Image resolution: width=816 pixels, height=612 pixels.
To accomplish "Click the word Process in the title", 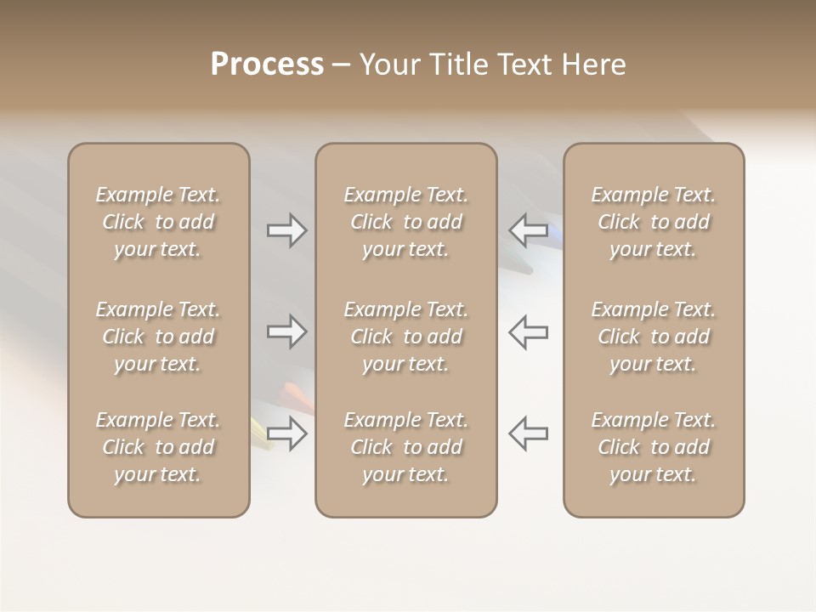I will (x=267, y=65).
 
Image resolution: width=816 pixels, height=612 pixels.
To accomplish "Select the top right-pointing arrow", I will (x=287, y=230).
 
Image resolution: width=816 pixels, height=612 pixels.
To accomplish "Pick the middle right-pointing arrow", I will (x=287, y=331).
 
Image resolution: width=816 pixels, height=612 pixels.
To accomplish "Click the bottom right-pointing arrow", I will (x=287, y=433).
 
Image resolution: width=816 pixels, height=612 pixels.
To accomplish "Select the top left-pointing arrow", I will (x=529, y=229).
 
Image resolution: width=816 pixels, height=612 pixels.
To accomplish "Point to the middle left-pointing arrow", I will (x=529, y=331).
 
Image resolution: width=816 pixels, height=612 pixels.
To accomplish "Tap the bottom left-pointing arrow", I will (x=529, y=433).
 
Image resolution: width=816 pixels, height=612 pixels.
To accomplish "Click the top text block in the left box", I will (x=158, y=222).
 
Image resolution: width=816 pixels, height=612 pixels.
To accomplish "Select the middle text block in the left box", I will (x=158, y=337).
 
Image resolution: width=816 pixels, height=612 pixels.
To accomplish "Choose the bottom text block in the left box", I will (x=158, y=447).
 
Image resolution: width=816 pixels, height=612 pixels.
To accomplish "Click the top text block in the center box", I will (x=405, y=222).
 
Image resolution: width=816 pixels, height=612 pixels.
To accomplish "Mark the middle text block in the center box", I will (x=405, y=337).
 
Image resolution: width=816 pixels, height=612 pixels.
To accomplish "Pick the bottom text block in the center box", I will (x=405, y=447).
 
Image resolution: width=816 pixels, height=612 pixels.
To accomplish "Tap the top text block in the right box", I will (x=654, y=222).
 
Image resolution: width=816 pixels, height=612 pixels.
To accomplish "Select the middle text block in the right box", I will (x=654, y=337).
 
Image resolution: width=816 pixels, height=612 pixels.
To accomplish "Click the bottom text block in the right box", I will (x=654, y=447).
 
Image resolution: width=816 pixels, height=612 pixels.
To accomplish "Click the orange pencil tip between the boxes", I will (x=297, y=394).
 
